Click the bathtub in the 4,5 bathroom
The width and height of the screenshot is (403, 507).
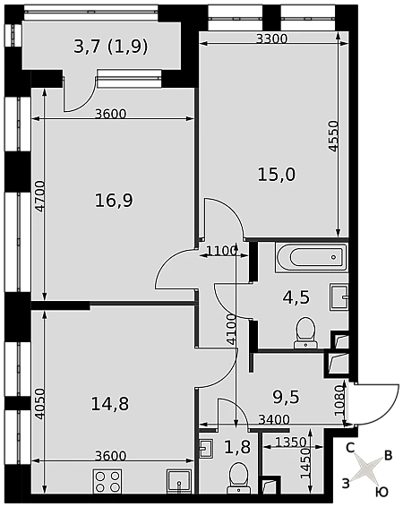(x=312, y=257)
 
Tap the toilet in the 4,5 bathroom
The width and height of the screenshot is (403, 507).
(x=305, y=332)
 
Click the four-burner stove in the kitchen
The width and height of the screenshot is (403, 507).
(x=107, y=481)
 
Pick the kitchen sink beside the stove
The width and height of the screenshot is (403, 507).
(x=179, y=481)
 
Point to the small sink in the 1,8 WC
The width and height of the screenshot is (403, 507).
(x=206, y=448)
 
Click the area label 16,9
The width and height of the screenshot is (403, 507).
(x=114, y=201)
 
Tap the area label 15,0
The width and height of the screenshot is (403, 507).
(x=277, y=175)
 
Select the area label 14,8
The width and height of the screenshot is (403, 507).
(x=110, y=404)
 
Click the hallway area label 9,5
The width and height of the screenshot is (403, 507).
(x=287, y=397)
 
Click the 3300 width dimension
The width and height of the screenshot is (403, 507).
(x=271, y=39)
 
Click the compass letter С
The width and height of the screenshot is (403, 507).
(x=350, y=448)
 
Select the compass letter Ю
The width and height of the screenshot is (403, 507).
(x=382, y=492)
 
